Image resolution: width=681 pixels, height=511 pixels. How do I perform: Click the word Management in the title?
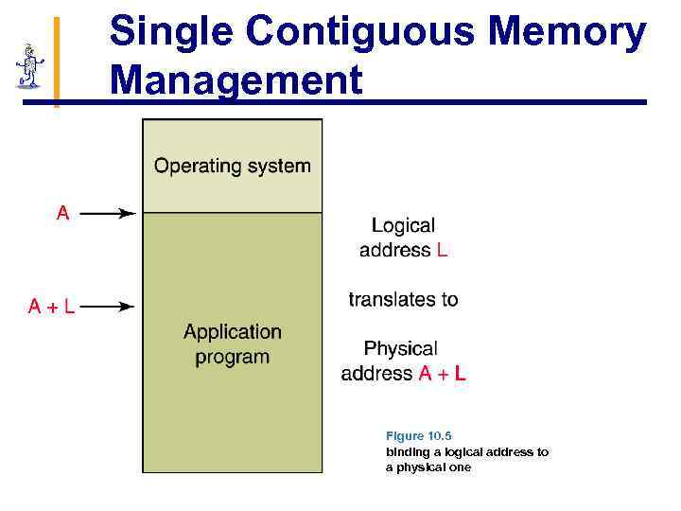pos(236,79)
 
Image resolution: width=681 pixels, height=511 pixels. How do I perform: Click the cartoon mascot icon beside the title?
pos(29,66)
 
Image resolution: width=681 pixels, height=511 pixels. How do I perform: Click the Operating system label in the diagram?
pos(232,167)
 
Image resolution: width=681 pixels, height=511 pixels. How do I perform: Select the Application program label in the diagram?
pos(233,344)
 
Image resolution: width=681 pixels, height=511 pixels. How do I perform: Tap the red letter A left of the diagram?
pos(62,214)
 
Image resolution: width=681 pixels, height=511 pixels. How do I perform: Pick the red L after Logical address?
pos(443,251)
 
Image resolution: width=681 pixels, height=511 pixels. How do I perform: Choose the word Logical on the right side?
pos(403,226)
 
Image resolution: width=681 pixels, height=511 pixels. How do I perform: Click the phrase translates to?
pos(403,300)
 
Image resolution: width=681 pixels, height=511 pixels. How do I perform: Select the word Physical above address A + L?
pos(400,349)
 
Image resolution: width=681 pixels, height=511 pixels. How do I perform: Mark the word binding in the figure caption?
pos(407,452)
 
